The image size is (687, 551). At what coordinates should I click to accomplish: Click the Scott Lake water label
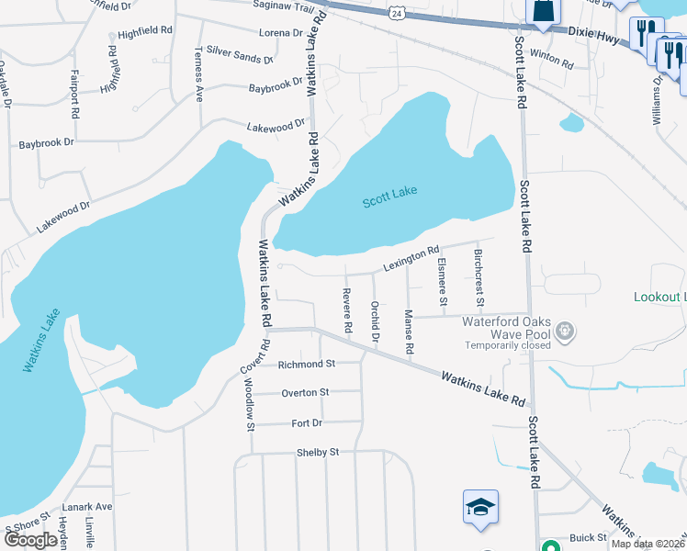tap(389, 196)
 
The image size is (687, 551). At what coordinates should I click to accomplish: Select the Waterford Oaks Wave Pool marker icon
tap(564, 330)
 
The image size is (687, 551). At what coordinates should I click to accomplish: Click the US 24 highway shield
tap(394, 13)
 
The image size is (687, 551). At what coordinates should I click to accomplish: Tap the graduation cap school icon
tap(479, 508)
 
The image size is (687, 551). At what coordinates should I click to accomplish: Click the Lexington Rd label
tap(411, 259)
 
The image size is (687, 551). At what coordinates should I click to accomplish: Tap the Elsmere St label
tap(443, 282)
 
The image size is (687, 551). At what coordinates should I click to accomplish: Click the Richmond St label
tap(307, 364)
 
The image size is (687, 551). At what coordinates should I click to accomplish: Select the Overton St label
tap(305, 392)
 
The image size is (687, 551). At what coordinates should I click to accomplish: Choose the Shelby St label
tap(318, 452)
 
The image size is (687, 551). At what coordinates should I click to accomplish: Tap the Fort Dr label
tap(307, 422)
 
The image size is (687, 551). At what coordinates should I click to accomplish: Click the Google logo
tap(30, 540)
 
